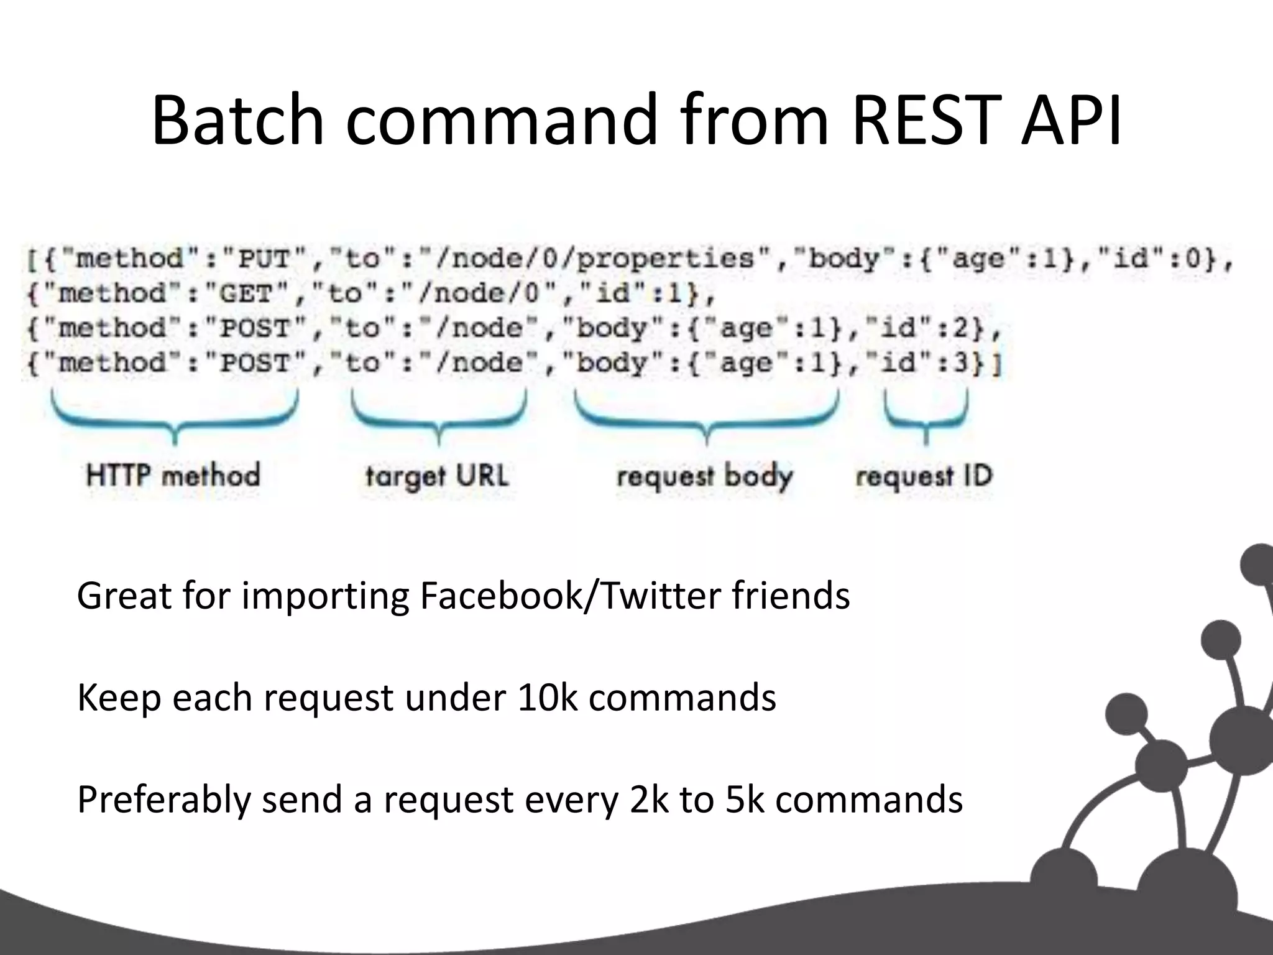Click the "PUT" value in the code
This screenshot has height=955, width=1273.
(265, 259)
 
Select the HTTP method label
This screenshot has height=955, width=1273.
(173, 476)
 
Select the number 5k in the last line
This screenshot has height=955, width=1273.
(744, 800)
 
